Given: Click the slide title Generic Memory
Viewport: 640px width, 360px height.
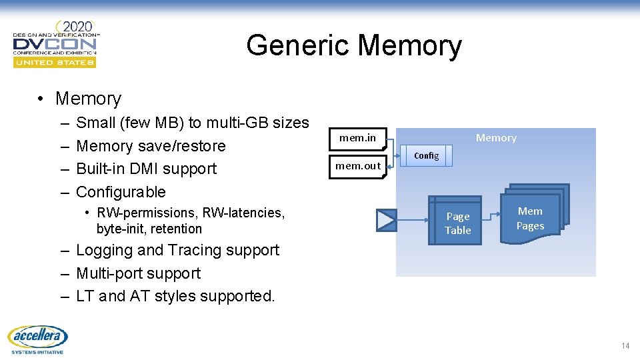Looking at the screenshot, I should coord(353,46).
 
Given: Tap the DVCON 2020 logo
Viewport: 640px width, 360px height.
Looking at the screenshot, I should coord(55,44).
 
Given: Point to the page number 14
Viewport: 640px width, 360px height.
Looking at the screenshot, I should coord(625,346).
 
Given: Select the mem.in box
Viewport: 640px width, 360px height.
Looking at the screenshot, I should coord(357,138).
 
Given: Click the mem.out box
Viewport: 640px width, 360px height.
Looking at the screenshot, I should coord(357,166).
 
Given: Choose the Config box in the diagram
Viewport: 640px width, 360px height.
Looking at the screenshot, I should coord(426,156).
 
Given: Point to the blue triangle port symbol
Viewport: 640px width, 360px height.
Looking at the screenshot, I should coord(386,220).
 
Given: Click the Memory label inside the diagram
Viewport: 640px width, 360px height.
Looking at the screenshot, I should coord(495,138).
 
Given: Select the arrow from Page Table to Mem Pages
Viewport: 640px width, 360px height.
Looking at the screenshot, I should coord(491,215).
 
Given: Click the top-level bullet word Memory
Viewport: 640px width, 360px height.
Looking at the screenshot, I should coord(88,99).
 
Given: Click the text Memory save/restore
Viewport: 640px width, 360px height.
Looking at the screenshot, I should coord(151,146).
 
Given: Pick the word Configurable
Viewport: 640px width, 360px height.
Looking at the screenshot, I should coord(121,192).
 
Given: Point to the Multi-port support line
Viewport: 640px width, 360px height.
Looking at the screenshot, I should coord(138,273).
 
